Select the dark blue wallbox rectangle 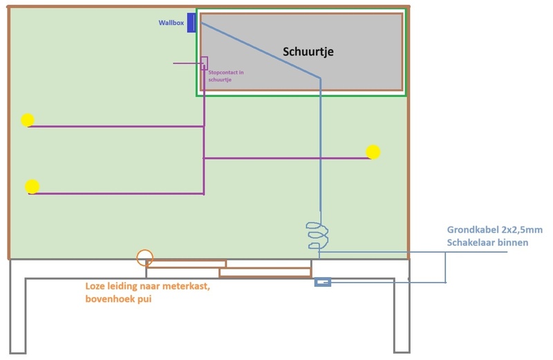point(191,22)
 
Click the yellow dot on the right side point(373,151)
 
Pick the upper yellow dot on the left point(27,120)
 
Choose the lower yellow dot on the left point(32,187)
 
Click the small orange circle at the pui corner point(144,258)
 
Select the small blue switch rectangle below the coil point(323,282)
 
